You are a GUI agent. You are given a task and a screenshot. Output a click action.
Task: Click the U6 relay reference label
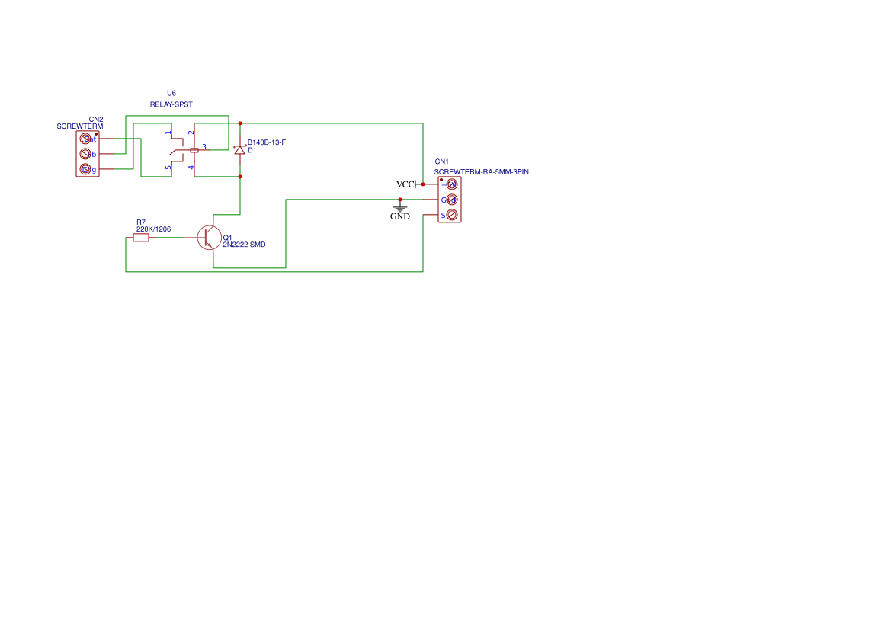(x=171, y=93)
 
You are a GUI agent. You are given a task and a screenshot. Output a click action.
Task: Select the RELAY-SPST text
(x=171, y=104)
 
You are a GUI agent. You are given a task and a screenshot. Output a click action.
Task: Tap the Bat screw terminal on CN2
(x=85, y=139)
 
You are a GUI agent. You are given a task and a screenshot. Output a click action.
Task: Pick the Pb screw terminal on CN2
(x=85, y=154)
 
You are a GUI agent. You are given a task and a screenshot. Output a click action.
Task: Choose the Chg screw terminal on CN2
(x=85, y=169)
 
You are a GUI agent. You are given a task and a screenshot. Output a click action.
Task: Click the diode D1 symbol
(x=240, y=149)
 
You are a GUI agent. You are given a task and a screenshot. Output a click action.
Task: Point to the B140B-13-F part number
(x=266, y=142)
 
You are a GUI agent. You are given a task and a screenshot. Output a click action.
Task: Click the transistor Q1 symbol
(x=209, y=238)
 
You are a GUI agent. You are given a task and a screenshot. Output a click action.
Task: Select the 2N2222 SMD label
(x=244, y=245)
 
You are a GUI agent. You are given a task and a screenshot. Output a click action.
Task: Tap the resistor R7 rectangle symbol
(x=141, y=238)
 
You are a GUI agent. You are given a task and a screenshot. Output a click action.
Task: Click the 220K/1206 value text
(x=153, y=229)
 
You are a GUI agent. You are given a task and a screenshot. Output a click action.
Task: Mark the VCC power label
(x=405, y=184)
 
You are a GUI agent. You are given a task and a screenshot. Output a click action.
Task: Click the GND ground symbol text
(x=400, y=216)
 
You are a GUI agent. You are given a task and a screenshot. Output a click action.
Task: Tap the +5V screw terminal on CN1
(x=451, y=184)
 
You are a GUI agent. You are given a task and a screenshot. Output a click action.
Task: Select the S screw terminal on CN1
(x=451, y=215)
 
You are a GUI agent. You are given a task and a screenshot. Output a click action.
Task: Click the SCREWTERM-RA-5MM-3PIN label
(x=482, y=172)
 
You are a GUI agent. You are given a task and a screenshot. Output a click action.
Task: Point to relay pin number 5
(x=168, y=167)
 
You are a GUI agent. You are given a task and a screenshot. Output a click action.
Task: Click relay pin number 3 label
(x=204, y=146)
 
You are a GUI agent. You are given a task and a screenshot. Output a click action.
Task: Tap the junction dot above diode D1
(x=240, y=123)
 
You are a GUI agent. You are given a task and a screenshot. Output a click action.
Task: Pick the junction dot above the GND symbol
(x=400, y=200)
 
